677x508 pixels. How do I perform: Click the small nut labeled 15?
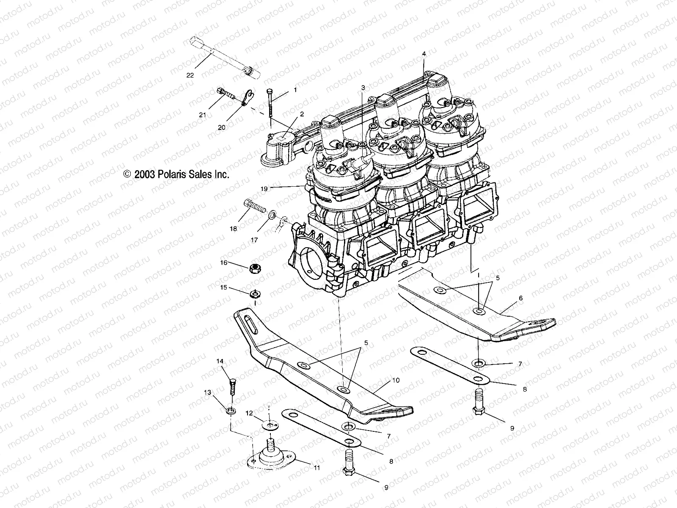(255, 293)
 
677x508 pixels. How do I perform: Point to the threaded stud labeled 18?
(254, 208)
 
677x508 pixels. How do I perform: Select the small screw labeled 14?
(231, 386)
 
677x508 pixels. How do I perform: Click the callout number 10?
(396, 381)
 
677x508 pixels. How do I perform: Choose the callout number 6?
(520, 298)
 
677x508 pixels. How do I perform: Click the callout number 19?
(264, 189)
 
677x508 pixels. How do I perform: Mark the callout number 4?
(424, 54)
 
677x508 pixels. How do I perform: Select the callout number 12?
(250, 412)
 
